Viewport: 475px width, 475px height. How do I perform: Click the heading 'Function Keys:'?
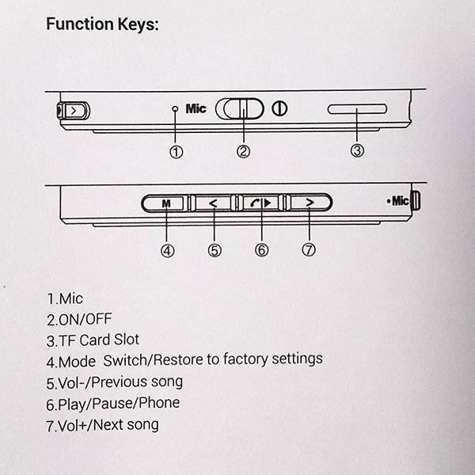click(x=102, y=24)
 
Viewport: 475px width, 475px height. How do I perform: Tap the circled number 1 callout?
click(x=176, y=151)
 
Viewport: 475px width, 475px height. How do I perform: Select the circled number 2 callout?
click(x=243, y=151)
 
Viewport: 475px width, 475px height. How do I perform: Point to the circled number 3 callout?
click(x=357, y=150)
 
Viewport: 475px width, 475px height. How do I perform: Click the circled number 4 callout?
click(x=167, y=250)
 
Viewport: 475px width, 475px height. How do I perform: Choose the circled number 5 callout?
click(x=215, y=250)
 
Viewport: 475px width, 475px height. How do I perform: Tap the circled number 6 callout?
click(x=262, y=250)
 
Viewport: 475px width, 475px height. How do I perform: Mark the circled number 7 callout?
click(x=310, y=250)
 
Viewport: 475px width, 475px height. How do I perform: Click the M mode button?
click(x=165, y=203)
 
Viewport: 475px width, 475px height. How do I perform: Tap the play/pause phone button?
click(x=261, y=203)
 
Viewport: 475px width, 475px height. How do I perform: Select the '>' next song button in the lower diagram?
click(x=310, y=203)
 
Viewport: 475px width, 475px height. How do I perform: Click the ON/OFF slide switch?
click(x=242, y=108)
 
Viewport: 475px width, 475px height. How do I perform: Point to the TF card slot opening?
click(x=357, y=109)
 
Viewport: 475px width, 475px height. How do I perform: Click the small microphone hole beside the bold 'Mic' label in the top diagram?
click(x=176, y=109)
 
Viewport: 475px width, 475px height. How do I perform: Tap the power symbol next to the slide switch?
click(x=279, y=108)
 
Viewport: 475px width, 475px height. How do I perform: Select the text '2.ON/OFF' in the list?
click(x=81, y=320)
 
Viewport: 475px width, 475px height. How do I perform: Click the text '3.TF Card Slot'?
click(x=93, y=340)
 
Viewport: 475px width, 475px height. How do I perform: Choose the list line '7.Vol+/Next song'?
click(x=102, y=424)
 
